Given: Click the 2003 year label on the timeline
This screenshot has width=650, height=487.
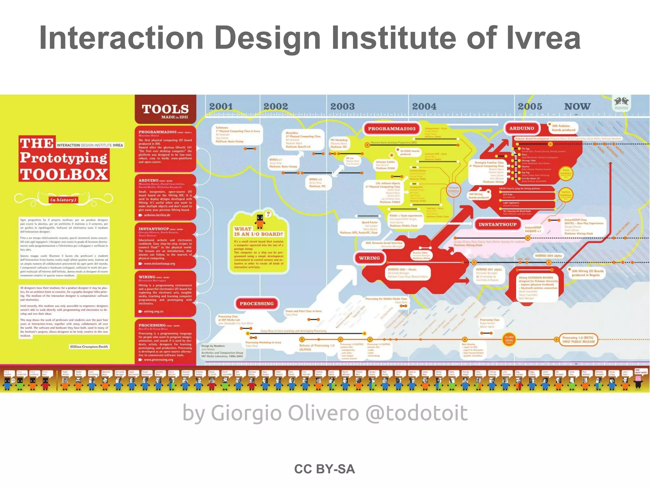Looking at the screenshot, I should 342,107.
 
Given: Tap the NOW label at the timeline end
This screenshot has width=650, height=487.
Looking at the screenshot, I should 577,107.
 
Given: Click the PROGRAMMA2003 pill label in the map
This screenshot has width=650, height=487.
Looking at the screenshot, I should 391,129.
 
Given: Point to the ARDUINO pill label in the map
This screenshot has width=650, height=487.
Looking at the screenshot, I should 521,128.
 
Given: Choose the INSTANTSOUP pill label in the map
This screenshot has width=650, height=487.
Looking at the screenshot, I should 497,224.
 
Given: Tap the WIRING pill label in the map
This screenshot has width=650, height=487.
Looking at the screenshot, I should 369,258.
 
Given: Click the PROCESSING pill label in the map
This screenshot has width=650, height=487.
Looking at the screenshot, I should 256,304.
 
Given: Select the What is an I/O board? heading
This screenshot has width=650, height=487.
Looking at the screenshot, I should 258,231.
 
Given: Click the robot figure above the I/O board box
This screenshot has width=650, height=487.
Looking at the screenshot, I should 260,220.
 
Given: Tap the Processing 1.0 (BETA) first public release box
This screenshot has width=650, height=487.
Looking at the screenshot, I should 579,340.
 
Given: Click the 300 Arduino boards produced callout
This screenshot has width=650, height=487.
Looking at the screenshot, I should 563,128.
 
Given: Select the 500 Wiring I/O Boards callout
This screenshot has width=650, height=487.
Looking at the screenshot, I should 587,273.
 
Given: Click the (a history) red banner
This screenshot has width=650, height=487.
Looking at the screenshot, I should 63,200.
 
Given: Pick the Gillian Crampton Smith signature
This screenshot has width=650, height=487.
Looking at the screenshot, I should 89,347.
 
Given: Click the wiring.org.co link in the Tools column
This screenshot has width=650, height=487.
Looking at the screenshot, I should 153,311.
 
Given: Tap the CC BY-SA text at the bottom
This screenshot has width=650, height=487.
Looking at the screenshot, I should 324,469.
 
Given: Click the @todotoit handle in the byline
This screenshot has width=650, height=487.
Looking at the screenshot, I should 416,413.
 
